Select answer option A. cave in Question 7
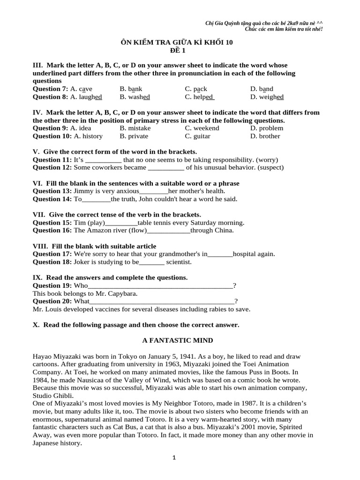(81, 89)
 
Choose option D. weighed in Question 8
(267, 97)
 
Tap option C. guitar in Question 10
(197, 136)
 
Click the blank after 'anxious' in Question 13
(154, 191)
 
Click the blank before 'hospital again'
(220, 255)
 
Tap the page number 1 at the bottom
(174, 458)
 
